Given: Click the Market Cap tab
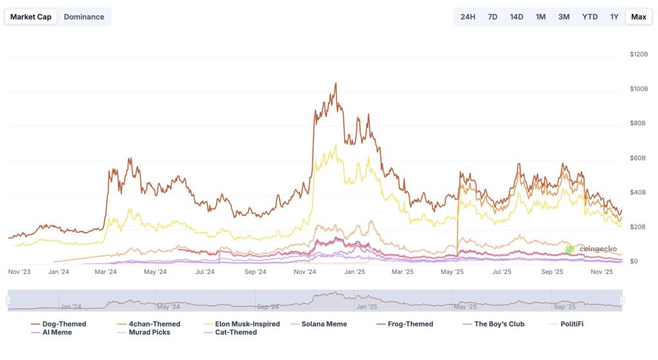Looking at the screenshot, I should pyautogui.click(x=31, y=17).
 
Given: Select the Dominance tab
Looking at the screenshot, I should pyautogui.click(x=84, y=17).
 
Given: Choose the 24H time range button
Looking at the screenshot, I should pyautogui.click(x=468, y=17).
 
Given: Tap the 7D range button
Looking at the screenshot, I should pyautogui.click(x=492, y=17).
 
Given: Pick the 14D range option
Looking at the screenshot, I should pyautogui.click(x=516, y=17).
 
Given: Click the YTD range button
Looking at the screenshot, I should pyautogui.click(x=589, y=17).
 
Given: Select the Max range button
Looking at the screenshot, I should pyautogui.click(x=638, y=17).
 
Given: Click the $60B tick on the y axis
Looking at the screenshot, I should pyautogui.click(x=638, y=158).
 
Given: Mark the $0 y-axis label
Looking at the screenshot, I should pyautogui.click(x=634, y=262).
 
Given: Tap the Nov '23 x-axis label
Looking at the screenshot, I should pyautogui.click(x=19, y=272).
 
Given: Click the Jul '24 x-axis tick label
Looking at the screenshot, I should pyautogui.click(x=205, y=272).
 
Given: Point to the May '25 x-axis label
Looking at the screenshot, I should pyautogui.click(x=452, y=272).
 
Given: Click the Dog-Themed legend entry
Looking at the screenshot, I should pyautogui.click(x=64, y=324).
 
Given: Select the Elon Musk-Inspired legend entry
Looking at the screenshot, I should pyautogui.click(x=247, y=324).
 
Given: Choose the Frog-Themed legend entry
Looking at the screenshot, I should pyautogui.click(x=410, y=324).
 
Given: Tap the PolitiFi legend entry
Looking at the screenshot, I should pyautogui.click(x=567, y=324).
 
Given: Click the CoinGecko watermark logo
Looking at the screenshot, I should pyautogui.click(x=592, y=249).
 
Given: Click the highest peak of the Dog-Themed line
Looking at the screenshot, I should pyautogui.click(x=335, y=83).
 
